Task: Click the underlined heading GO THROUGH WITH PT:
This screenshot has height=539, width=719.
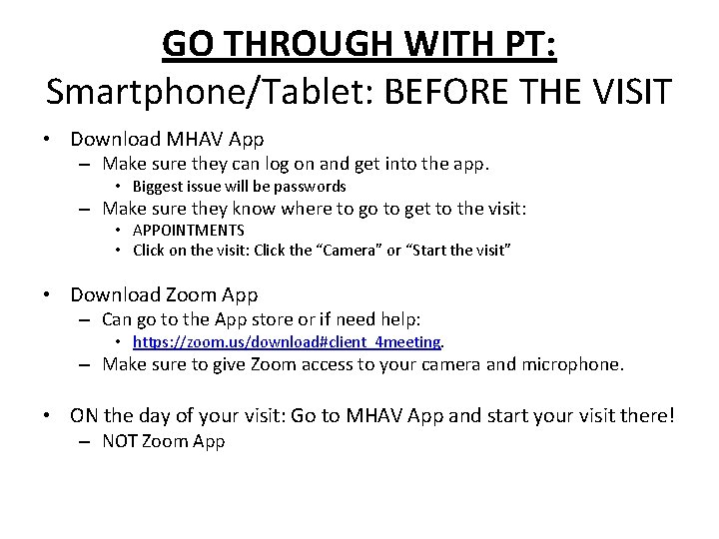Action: tap(359, 43)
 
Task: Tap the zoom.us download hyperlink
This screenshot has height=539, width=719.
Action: tap(287, 342)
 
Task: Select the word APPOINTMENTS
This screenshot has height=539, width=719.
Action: tap(188, 231)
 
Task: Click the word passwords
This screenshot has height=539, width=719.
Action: tap(312, 187)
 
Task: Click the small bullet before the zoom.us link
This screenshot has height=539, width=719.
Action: tap(119, 342)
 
